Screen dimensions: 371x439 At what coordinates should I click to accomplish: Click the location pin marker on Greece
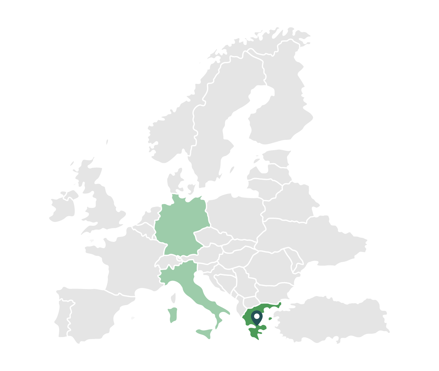pos(257,317)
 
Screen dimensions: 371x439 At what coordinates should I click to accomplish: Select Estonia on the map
pos(276,157)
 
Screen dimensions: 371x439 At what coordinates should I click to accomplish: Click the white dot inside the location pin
pos(257,315)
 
